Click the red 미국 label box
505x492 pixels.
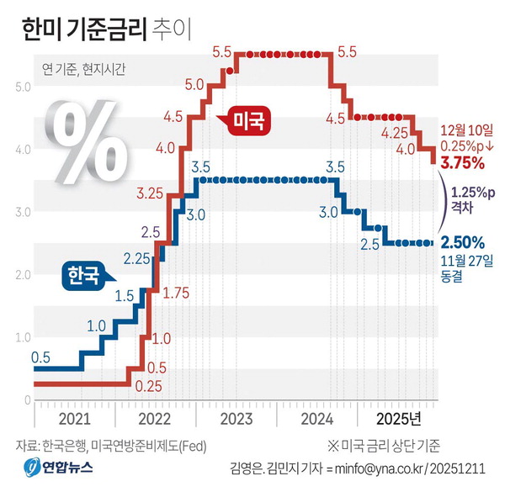246,121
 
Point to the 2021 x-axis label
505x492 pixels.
75,418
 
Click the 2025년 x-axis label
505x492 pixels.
398,418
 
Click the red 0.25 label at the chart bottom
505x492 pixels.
148,386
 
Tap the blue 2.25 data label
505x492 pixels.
137,257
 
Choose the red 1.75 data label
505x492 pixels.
175,294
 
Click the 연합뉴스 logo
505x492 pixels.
60,468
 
